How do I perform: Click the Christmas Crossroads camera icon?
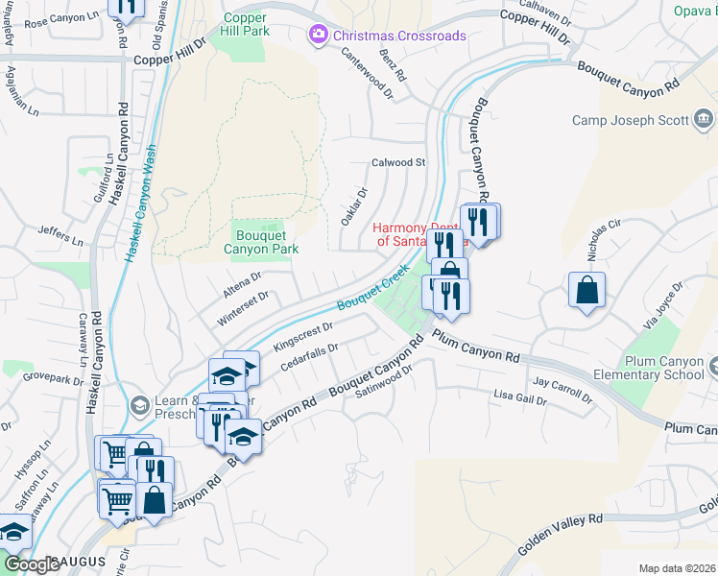318,36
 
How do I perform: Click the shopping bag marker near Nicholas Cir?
586,290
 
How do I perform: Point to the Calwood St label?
398,163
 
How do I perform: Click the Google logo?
32,564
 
